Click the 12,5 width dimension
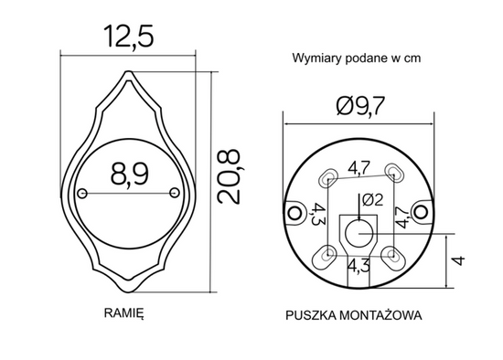(129, 37)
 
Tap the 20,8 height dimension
(229, 176)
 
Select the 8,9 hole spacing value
(130, 175)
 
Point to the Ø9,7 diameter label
(360, 106)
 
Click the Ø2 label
(372, 200)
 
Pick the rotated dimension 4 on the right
(459, 260)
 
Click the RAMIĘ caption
(123, 312)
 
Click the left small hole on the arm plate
(82, 194)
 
